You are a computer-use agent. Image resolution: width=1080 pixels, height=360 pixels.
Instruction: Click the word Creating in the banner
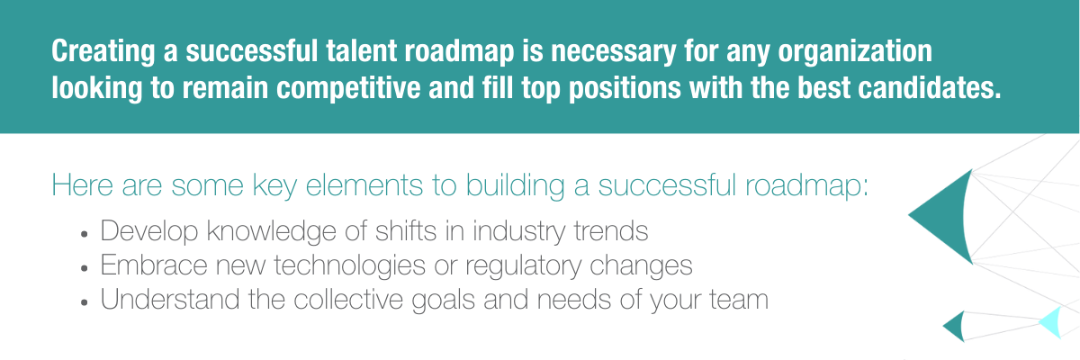(103, 52)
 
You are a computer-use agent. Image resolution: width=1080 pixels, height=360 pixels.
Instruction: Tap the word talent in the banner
(362, 50)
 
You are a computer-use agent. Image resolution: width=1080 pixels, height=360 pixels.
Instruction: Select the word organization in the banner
(855, 52)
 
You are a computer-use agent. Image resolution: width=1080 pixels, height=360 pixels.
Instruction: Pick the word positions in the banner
(625, 89)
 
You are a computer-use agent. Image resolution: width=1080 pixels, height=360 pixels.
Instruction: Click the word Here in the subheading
(83, 184)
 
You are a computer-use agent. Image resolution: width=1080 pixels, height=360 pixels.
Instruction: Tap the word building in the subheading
(516, 186)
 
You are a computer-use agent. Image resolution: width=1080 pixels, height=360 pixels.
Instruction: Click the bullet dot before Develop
(85, 234)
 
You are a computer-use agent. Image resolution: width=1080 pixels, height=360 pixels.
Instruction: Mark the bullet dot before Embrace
(85, 268)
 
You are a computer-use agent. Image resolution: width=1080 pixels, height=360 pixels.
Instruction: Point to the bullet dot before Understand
(85, 302)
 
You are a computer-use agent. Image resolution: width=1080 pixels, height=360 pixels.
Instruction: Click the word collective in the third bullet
(348, 299)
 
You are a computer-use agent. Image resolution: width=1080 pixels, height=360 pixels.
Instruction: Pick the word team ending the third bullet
(739, 300)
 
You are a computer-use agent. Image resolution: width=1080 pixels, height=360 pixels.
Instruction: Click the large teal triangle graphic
(942, 216)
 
